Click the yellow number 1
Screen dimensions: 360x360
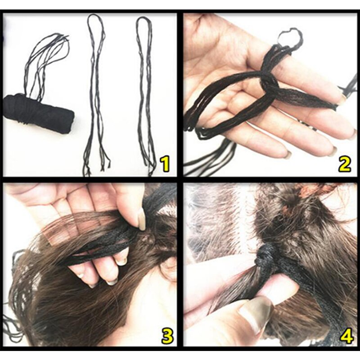click(x=165, y=164)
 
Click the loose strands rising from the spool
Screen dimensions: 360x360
click(x=47, y=63)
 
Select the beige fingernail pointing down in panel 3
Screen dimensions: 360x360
click(x=142, y=220)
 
